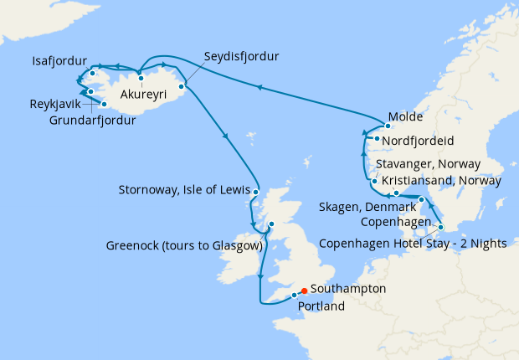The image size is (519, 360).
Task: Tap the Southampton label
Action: (x=348, y=288)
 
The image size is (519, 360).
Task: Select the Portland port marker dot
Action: (x=294, y=296)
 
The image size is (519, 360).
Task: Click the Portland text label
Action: (x=321, y=307)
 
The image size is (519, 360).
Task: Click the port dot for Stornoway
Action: (x=256, y=193)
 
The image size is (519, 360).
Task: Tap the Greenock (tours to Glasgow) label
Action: (x=185, y=246)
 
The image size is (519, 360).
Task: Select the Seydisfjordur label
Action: (x=241, y=57)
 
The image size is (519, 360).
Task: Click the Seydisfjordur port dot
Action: (x=181, y=85)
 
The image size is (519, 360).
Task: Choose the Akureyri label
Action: (x=146, y=94)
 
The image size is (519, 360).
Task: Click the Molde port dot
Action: (x=388, y=126)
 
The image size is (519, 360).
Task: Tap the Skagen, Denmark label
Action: (x=369, y=207)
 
